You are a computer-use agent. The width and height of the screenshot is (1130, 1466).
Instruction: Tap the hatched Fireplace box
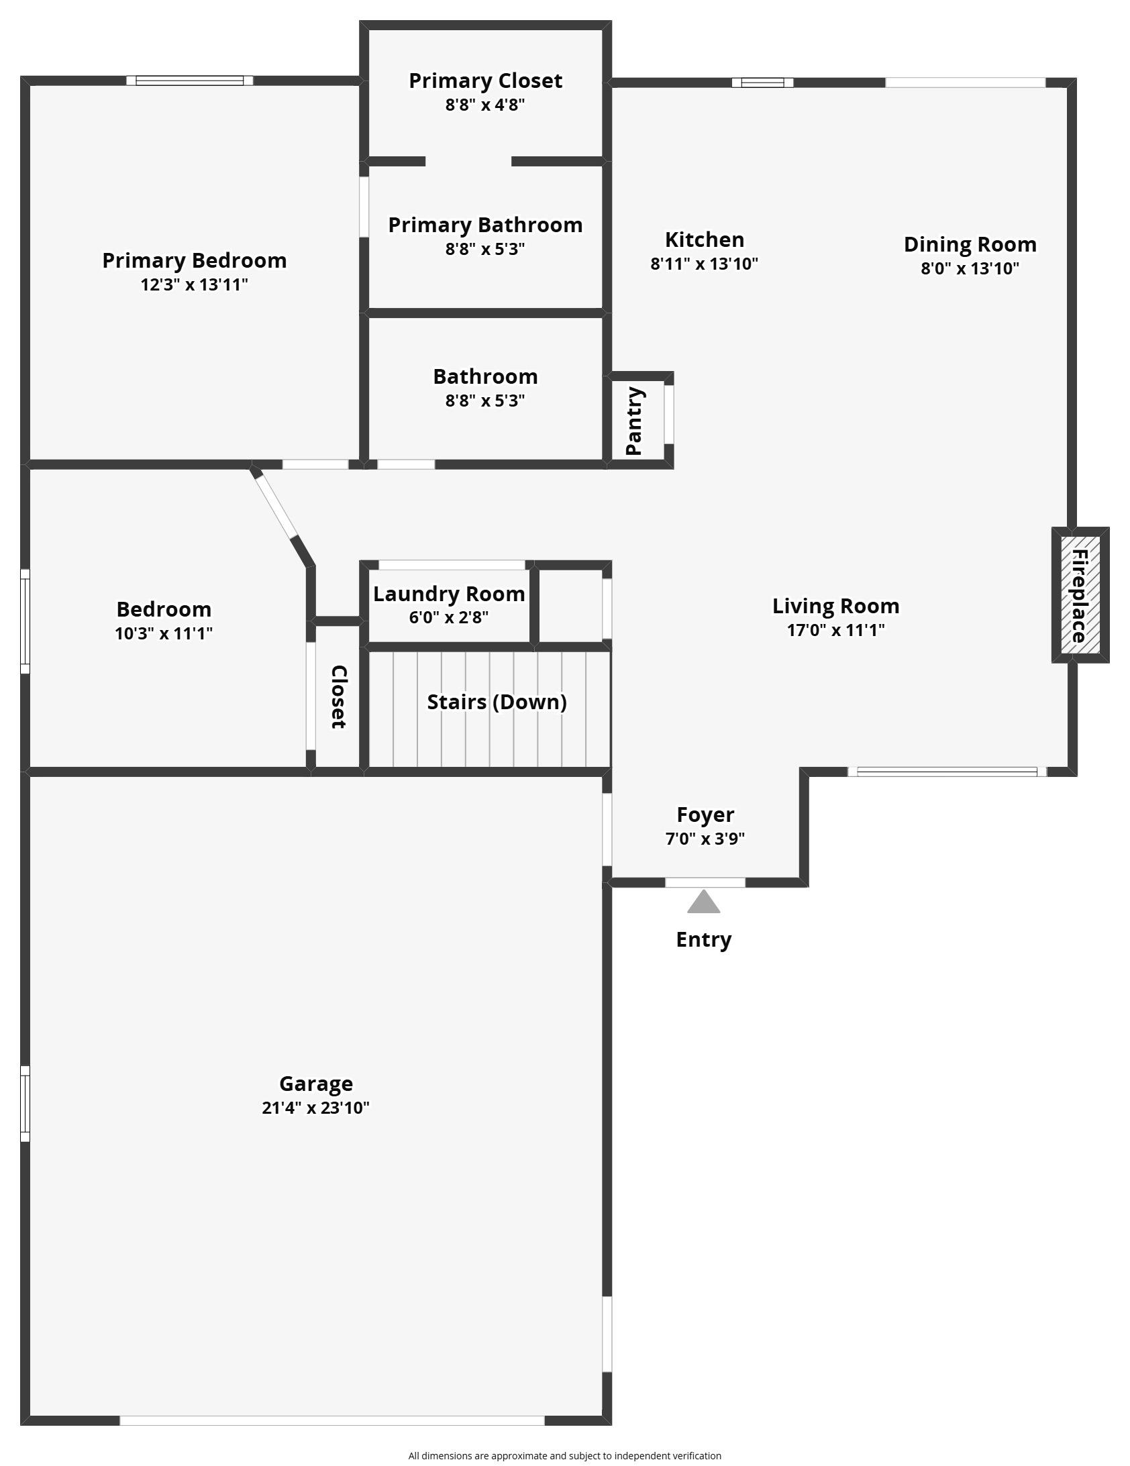tap(1080, 594)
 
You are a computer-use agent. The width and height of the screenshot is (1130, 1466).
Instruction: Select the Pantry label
tap(634, 421)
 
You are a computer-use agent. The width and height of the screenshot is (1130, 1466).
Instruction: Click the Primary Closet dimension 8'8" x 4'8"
tap(484, 105)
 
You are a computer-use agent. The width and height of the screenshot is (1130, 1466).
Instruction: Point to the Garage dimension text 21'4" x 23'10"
tap(315, 1108)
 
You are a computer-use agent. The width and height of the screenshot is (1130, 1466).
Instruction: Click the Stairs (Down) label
tap(497, 702)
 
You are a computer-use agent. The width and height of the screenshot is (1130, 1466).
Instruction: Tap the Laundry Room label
tap(448, 594)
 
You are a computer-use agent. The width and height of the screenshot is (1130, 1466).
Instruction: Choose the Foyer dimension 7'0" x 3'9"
tap(705, 839)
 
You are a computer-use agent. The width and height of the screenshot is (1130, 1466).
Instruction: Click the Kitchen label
tap(705, 240)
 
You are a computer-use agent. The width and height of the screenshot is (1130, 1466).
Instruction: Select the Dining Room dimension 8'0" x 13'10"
tap(970, 268)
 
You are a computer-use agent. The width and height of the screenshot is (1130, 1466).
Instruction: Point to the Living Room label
tap(835, 606)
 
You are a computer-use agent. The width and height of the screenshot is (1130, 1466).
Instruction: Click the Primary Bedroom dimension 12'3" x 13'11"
tap(194, 284)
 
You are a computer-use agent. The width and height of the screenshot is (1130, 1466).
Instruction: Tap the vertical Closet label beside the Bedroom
tap(339, 696)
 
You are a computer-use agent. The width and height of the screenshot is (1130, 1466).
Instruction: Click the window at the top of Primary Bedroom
tap(190, 81)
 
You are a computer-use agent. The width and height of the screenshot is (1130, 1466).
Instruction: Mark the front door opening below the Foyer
tap(705, 882)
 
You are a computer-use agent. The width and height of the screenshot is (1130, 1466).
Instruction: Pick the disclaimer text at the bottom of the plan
tap(564, 1456)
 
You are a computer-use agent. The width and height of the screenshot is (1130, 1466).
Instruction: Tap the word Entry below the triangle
tap(704, 940)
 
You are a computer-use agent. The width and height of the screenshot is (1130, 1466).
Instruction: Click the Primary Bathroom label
tap(484, 225)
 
